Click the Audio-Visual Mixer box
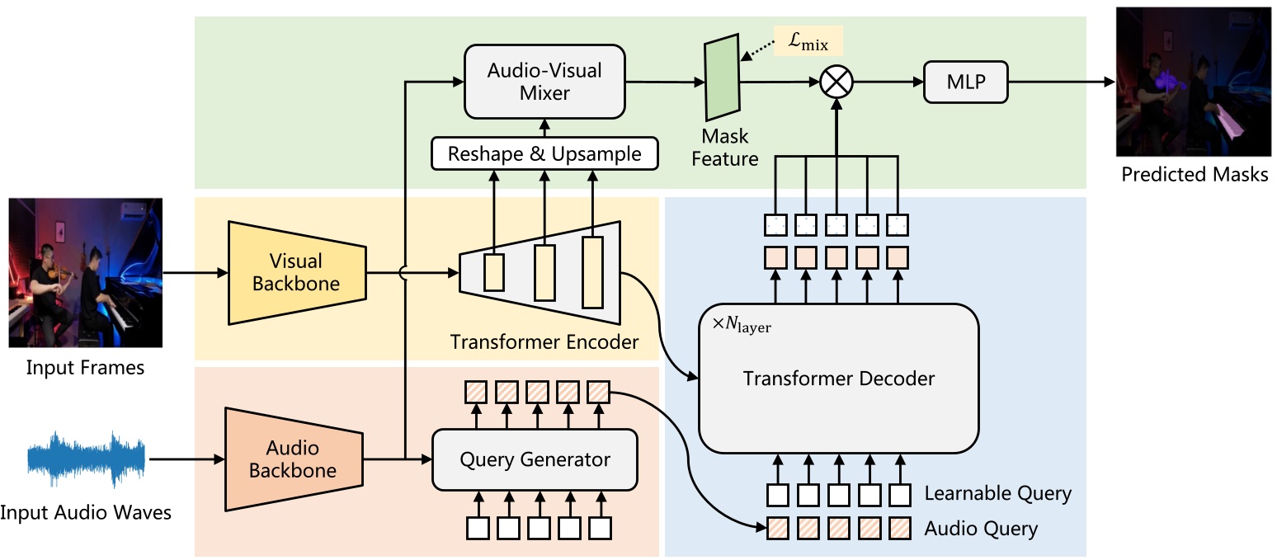(x=544, y=82)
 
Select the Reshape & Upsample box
(x=544, y=154)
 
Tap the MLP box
(x=966, y=82)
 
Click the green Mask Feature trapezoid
(x=720, y=81)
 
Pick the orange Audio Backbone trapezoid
(x=295, y=459)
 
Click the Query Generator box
(x=535, y=459)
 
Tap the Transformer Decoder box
(x=838, y=379)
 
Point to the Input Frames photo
(x=85, y=272)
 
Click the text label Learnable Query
(x=997, y=494)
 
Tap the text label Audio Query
(x=980, y=528)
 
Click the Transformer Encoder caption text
(x=544, y=341)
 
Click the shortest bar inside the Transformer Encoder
(x=493, y=272)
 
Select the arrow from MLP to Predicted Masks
(x=1060, y=82)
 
